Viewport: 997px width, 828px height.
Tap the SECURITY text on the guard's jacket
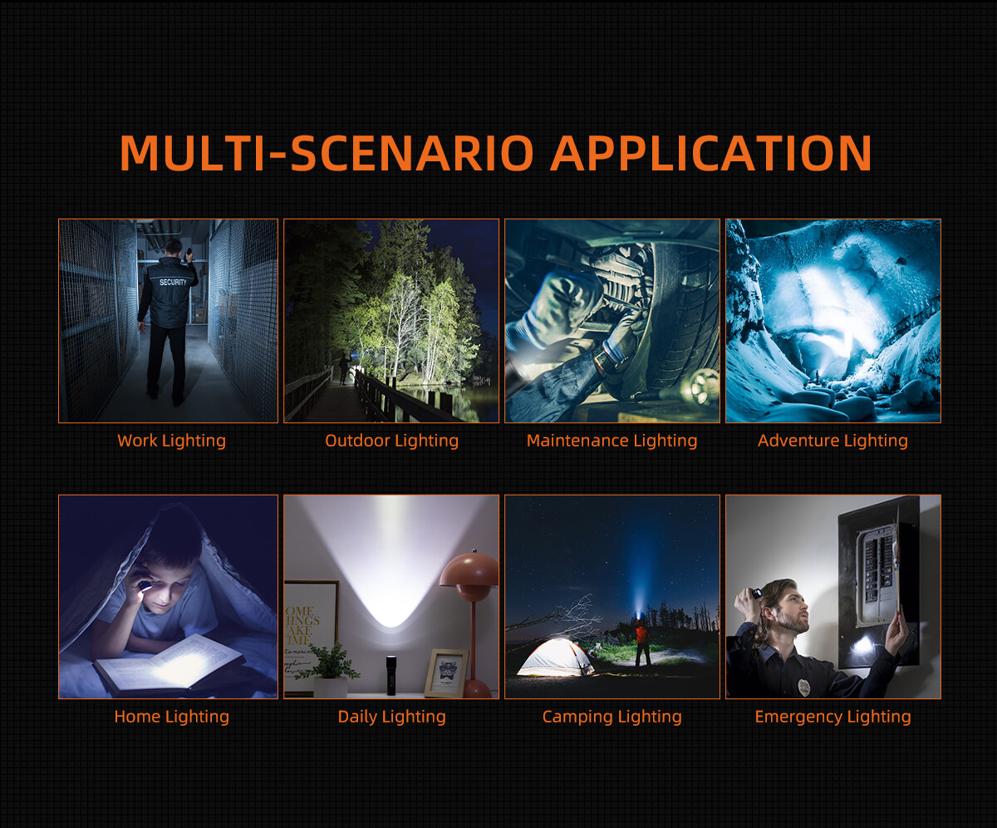(x=173, y=283)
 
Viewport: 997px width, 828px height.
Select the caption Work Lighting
(x=171, y=441)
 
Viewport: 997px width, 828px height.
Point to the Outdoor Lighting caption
(x=391, y=441)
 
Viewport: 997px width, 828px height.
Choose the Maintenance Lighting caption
(x=611, y=441)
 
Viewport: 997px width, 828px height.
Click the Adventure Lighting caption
(x=832, y=441)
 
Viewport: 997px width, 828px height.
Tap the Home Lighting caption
(x=171, y=717)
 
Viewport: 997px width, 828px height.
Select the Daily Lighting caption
(x=391, y=717)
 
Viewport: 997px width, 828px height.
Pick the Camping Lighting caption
(x=611, y=717)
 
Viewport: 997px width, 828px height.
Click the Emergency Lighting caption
(x=832, y=717)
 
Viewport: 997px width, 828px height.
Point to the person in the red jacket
(x=643, y=643)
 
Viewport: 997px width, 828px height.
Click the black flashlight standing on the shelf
(x=391, y=675)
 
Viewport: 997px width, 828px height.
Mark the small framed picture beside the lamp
(x=446, y=673)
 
